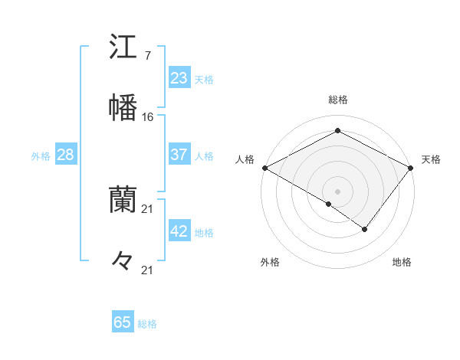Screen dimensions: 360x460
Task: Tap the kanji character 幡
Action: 123,106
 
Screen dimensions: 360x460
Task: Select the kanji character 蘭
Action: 123,200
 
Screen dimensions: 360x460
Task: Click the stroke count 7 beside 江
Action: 147,57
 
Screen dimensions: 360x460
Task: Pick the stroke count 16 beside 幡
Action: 148,116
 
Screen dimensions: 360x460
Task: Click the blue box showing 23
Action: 179,77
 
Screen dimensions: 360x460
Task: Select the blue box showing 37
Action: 179,155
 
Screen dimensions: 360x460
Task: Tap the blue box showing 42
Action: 179,231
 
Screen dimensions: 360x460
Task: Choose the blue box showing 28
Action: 66,155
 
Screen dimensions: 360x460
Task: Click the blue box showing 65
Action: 123,322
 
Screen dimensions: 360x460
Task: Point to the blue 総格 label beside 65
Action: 147,324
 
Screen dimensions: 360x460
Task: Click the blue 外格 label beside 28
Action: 41,156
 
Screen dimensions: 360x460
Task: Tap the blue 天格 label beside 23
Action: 204,79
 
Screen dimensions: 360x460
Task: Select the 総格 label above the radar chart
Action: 337,100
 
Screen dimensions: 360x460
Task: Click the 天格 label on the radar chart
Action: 432,159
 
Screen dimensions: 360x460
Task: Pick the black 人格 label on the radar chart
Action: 244,159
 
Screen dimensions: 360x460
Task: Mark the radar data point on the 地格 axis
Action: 365,229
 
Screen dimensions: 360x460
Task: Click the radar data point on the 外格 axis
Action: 329,204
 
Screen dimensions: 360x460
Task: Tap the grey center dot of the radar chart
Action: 337,191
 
